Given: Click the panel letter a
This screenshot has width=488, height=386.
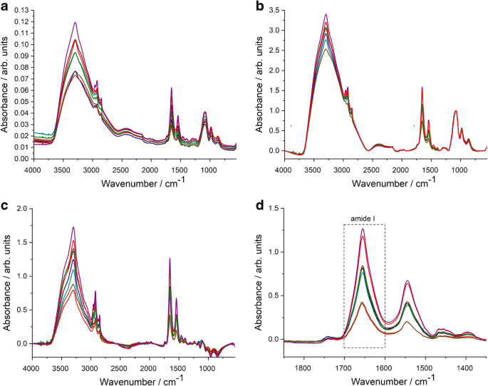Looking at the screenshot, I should click(5, 6).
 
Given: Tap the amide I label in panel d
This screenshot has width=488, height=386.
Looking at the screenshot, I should click(363, 219).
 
